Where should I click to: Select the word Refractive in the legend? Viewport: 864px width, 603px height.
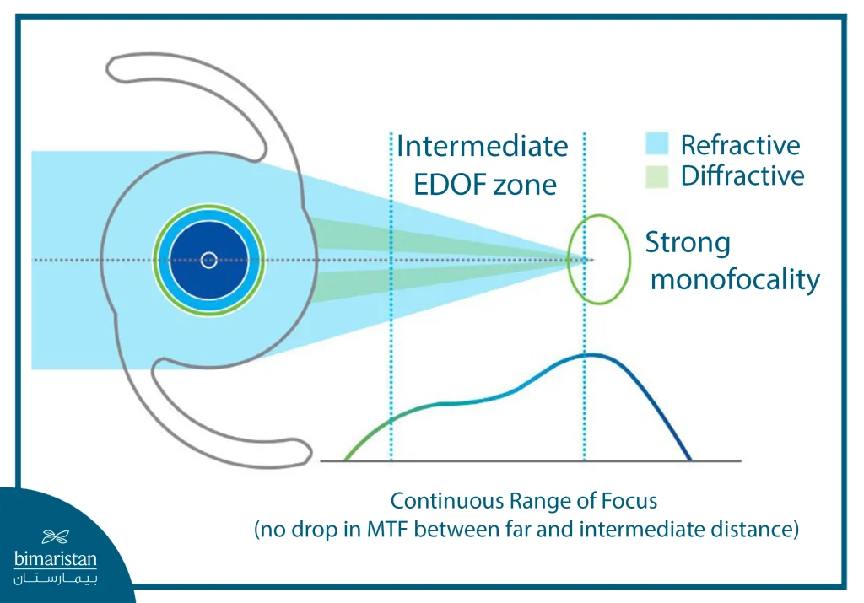coord(740,145)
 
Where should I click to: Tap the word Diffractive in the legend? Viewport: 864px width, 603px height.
coord(742,175)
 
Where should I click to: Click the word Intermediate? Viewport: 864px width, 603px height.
coord(482,147)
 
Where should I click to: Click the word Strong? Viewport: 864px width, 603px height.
coord(688,244)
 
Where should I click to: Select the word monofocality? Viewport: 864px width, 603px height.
coord(735,279)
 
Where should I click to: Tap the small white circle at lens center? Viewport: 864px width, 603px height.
coord(208,260)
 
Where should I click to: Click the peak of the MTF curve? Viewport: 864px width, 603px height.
coord(591,355)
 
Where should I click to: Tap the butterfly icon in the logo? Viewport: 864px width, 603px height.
coord(56,536)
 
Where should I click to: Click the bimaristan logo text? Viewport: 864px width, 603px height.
coord(56,559)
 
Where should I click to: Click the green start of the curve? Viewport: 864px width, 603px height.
coord(348,457)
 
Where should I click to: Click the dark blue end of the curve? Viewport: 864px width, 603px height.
coord(688,456)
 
